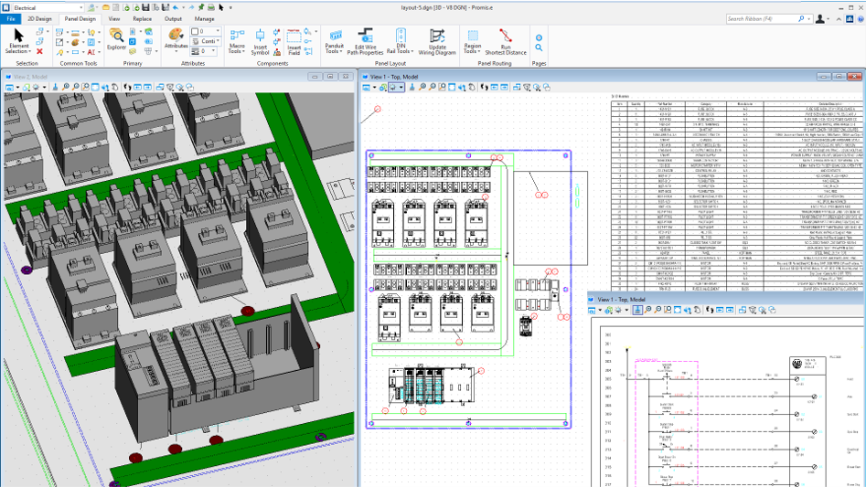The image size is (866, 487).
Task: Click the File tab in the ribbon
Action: click(x=11, y=18)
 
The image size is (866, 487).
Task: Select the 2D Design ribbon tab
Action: click(x=39, y=18)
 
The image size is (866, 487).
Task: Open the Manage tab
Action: click(x=204, y=18)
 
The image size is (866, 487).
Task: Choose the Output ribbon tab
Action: click(x=173, y=18)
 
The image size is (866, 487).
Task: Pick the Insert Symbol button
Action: click(x=261, y=41)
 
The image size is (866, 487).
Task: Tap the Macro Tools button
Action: click(x=237, y=41)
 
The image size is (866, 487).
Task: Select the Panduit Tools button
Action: click(x=335, y=41)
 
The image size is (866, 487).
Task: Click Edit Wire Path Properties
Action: click(x=365, y=41)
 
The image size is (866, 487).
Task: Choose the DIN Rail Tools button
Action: click(x=401, y=41)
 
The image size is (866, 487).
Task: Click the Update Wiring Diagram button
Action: click(x=437, y=41)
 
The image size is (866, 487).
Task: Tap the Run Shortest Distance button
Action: click(x=505, y=41)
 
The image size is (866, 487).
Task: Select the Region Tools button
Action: click(x=472, y=41)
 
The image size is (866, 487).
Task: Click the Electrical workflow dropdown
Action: click(x=46, y=7)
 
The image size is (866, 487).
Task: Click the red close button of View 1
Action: click(x=856, y=77)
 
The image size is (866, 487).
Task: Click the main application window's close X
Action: click(x=856, y=6)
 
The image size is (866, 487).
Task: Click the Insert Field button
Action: click(x=294, y=41)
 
